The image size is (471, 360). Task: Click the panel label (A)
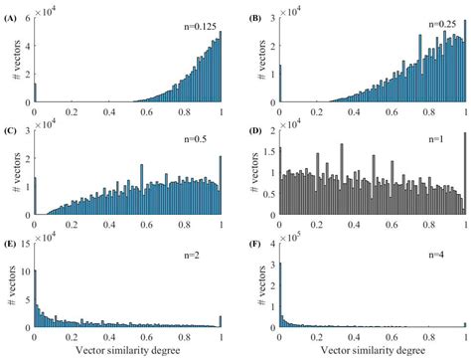tap(12, 9)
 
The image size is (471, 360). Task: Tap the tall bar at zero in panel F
tap(280, 298)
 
